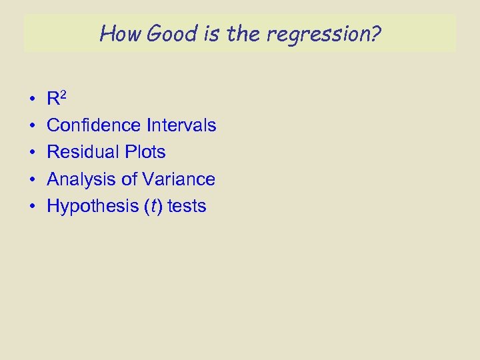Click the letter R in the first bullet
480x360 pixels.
point(53,100)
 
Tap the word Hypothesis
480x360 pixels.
point(90,207)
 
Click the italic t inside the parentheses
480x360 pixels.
point(154,207)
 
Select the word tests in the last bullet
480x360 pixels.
point(187,207)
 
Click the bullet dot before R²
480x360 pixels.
point(32,100)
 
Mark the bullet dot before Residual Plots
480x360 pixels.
point(32,153)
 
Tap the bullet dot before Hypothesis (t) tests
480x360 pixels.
point(32,207)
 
